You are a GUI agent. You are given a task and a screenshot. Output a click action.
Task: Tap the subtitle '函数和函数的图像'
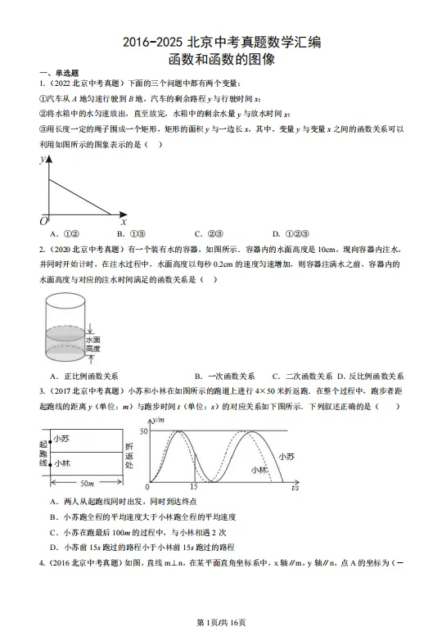(x=221, y=60)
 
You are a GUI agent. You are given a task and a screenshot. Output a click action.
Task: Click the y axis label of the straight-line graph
(x=43, y=160)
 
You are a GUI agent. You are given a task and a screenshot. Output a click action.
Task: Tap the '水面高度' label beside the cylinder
(x=93, y=343)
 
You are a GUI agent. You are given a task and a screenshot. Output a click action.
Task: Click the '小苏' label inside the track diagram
(x=63, y=440)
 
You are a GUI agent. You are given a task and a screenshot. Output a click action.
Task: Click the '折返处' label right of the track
(x=129, y=453)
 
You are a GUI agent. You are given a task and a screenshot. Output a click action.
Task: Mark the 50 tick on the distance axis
(x=144, y=431)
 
